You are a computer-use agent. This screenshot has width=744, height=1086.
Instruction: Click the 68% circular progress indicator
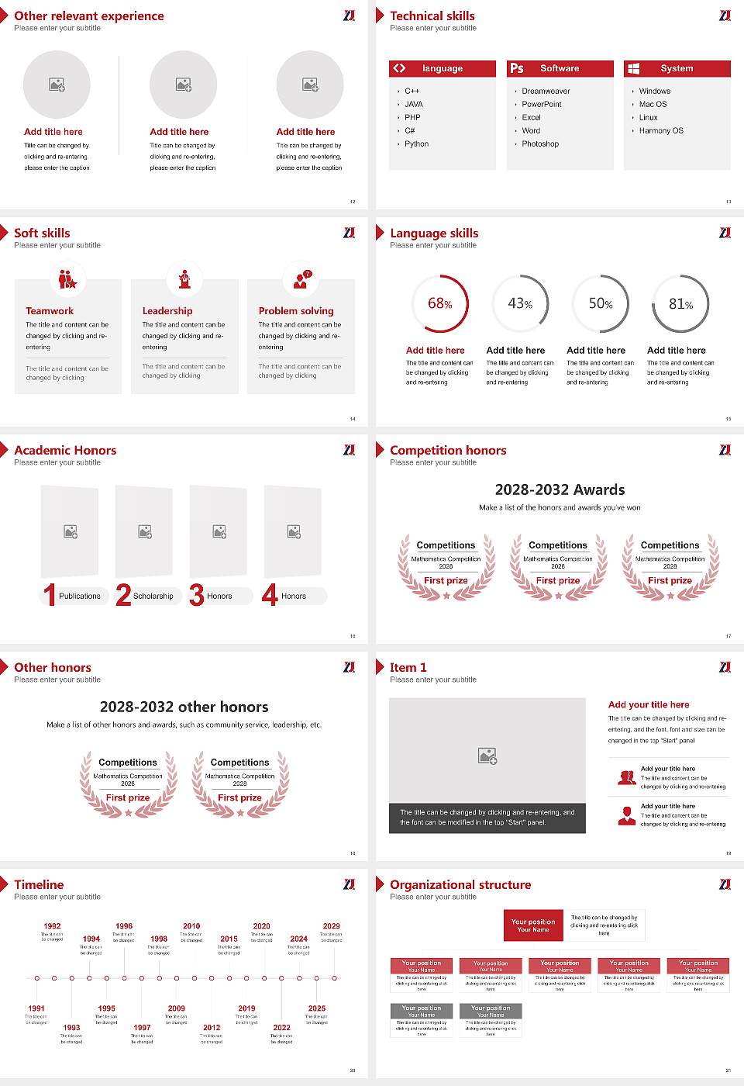click(x=440, y=304)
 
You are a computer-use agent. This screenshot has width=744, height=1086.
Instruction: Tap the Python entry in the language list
click(x=416, y=144)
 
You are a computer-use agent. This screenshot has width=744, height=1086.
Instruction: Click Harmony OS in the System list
click(x=661, y=130)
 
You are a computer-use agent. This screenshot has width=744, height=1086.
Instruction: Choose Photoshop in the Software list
click(x=540, y=144)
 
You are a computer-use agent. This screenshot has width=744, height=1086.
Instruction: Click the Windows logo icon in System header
click(x=634, y=68)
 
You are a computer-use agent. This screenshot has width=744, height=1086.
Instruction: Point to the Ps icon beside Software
click(x=517, y=68)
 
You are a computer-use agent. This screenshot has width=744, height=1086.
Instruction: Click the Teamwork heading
click(x=50, y=310)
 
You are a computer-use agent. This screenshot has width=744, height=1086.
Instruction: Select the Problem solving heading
click(x=296, y=310)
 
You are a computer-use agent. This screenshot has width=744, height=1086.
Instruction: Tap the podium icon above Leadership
click(x=184, y=279)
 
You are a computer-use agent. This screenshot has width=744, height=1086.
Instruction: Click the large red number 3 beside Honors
click(x=197, y=595)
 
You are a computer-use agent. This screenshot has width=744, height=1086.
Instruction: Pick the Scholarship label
click(x=153, y=596)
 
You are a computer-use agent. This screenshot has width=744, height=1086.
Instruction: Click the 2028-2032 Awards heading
click(x=560, y=489)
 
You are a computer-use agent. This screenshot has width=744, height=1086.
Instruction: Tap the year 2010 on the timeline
click(x=191, y=925)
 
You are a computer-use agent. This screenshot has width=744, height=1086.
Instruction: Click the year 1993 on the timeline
click(x=71, y=1027)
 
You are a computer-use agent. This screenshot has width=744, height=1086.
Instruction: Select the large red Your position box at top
click(x=533, y=925)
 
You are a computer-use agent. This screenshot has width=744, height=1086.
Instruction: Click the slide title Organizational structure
click(x=460, y=884)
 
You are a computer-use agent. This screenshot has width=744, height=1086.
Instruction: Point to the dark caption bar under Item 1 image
click(x=487, y=818)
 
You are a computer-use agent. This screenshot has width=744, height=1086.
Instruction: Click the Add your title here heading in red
click(x=649, y=704)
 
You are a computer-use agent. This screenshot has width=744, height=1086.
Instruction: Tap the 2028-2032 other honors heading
click(x=184, y=707)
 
